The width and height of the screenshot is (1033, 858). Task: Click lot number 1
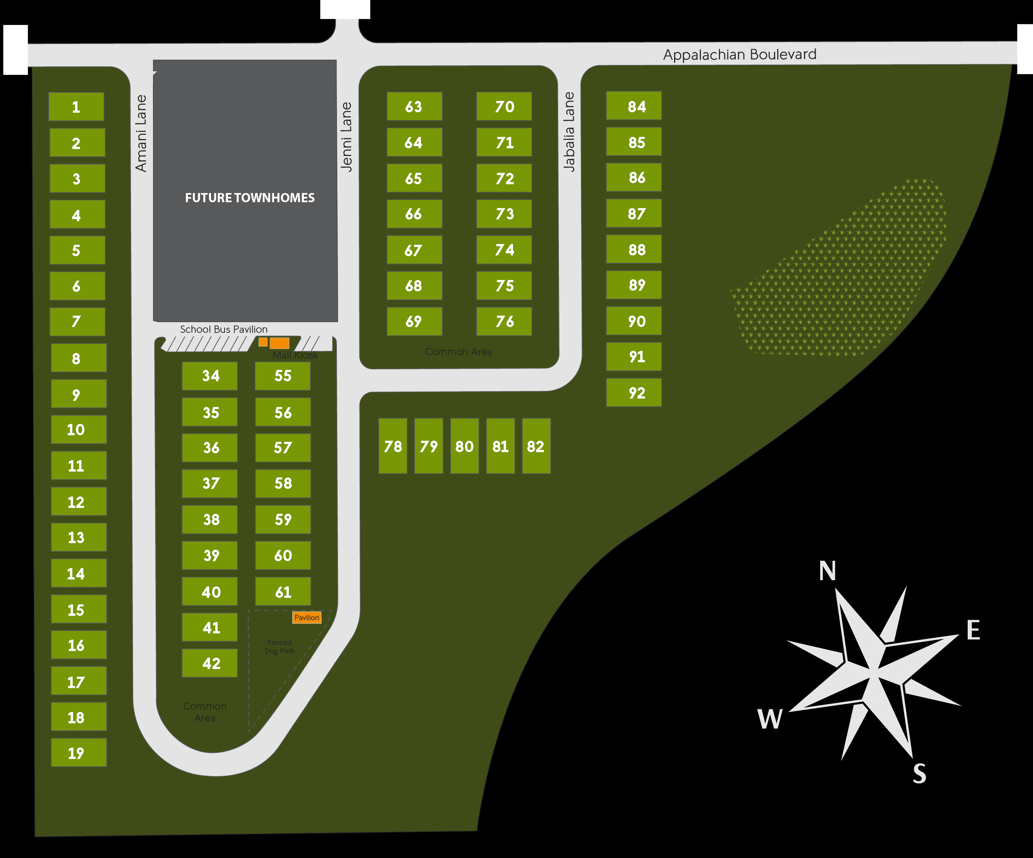click(x=76, y=107)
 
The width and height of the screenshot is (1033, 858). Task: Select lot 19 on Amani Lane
click(x=79, y=752)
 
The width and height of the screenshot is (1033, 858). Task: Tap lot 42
click(x=210, y=663)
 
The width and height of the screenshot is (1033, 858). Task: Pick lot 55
click(x=282, y=376)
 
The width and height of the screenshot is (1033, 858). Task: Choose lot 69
click(x=414, y=321)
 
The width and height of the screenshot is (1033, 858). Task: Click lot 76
click(x=504, y=321)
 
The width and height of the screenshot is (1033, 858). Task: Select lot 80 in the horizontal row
click(x=464, y=446)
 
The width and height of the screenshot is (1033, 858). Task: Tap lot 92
click(x=634, y=393)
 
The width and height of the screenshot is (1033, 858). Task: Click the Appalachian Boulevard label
click(x=739, y=54)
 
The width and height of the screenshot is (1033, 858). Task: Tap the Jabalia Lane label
click(x=569, y=131)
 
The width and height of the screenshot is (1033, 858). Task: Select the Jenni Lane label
click(x=347, y=137)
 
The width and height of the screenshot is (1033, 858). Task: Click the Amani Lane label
click(x=141, y=133)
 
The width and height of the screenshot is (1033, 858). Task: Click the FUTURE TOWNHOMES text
click(x=250, y=198)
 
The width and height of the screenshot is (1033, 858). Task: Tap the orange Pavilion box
click(x=306, y=617)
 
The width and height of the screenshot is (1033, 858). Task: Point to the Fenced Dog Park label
click(x=279, y=647)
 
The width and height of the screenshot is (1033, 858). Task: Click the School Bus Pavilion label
click(x=223, y=329)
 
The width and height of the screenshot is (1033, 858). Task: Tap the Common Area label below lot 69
click(x=458, y=352)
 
